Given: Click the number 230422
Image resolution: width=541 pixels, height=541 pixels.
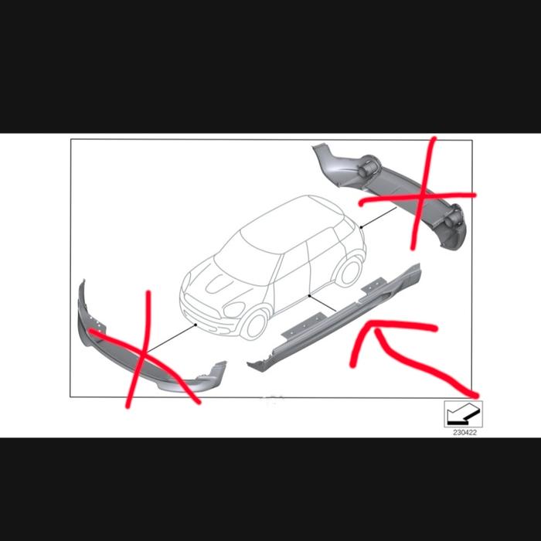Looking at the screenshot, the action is click(464, 433).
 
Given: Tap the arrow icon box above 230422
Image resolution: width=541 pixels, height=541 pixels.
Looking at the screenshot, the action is click(463, 414).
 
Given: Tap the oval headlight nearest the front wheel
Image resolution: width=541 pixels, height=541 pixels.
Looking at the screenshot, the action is click(234, 309).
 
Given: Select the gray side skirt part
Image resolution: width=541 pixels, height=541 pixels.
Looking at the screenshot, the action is click(335, 318).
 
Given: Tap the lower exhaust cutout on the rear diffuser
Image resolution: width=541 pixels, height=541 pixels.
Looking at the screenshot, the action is click(453, 219).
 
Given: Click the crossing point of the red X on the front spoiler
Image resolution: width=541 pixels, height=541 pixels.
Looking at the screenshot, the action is click(144, 352).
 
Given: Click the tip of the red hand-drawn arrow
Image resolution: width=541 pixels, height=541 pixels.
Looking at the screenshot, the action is click(369, 324).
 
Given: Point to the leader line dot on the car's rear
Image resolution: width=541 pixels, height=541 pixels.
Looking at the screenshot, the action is click(361, 227).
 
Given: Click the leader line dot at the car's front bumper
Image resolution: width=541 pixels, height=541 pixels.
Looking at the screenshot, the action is click(196, 325).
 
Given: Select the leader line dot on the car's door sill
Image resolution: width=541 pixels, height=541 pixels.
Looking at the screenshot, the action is click(309, 296).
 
